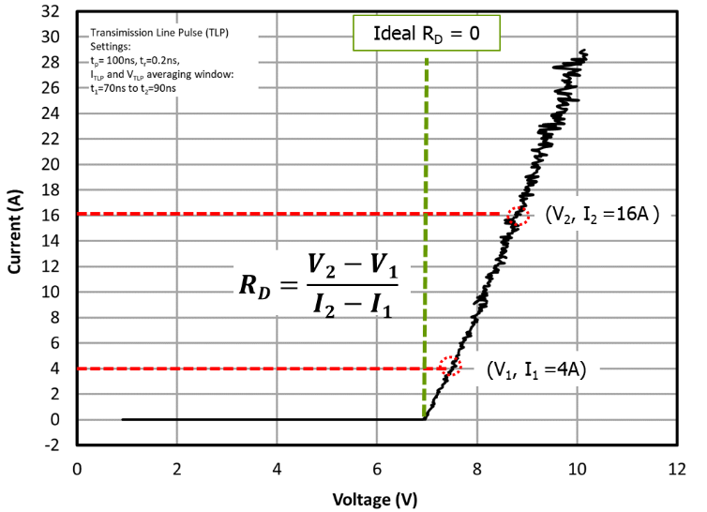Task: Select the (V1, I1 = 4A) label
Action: point(536,369)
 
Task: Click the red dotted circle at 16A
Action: point(518,216)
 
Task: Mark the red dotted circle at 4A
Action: point(451,366)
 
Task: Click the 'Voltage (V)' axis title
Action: point(377,498)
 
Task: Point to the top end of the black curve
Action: point(584,52)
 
